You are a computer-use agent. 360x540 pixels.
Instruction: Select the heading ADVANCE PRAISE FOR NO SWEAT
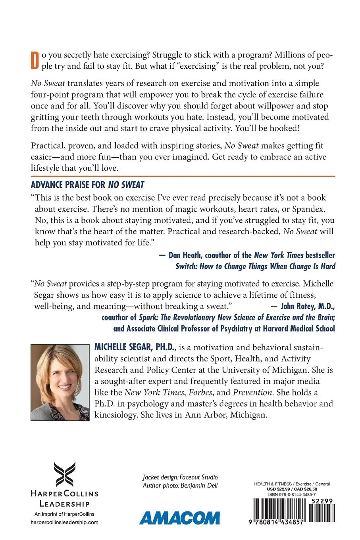(x=88, y=185)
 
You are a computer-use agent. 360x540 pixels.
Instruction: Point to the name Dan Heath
(x=185, y=255)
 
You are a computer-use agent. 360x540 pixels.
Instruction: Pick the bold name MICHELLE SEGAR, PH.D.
(x=135, y=347)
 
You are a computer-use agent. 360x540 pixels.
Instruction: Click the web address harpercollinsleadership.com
(x=64, y=523)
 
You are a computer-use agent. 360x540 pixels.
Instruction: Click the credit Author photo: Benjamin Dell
(x=180, y=485)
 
